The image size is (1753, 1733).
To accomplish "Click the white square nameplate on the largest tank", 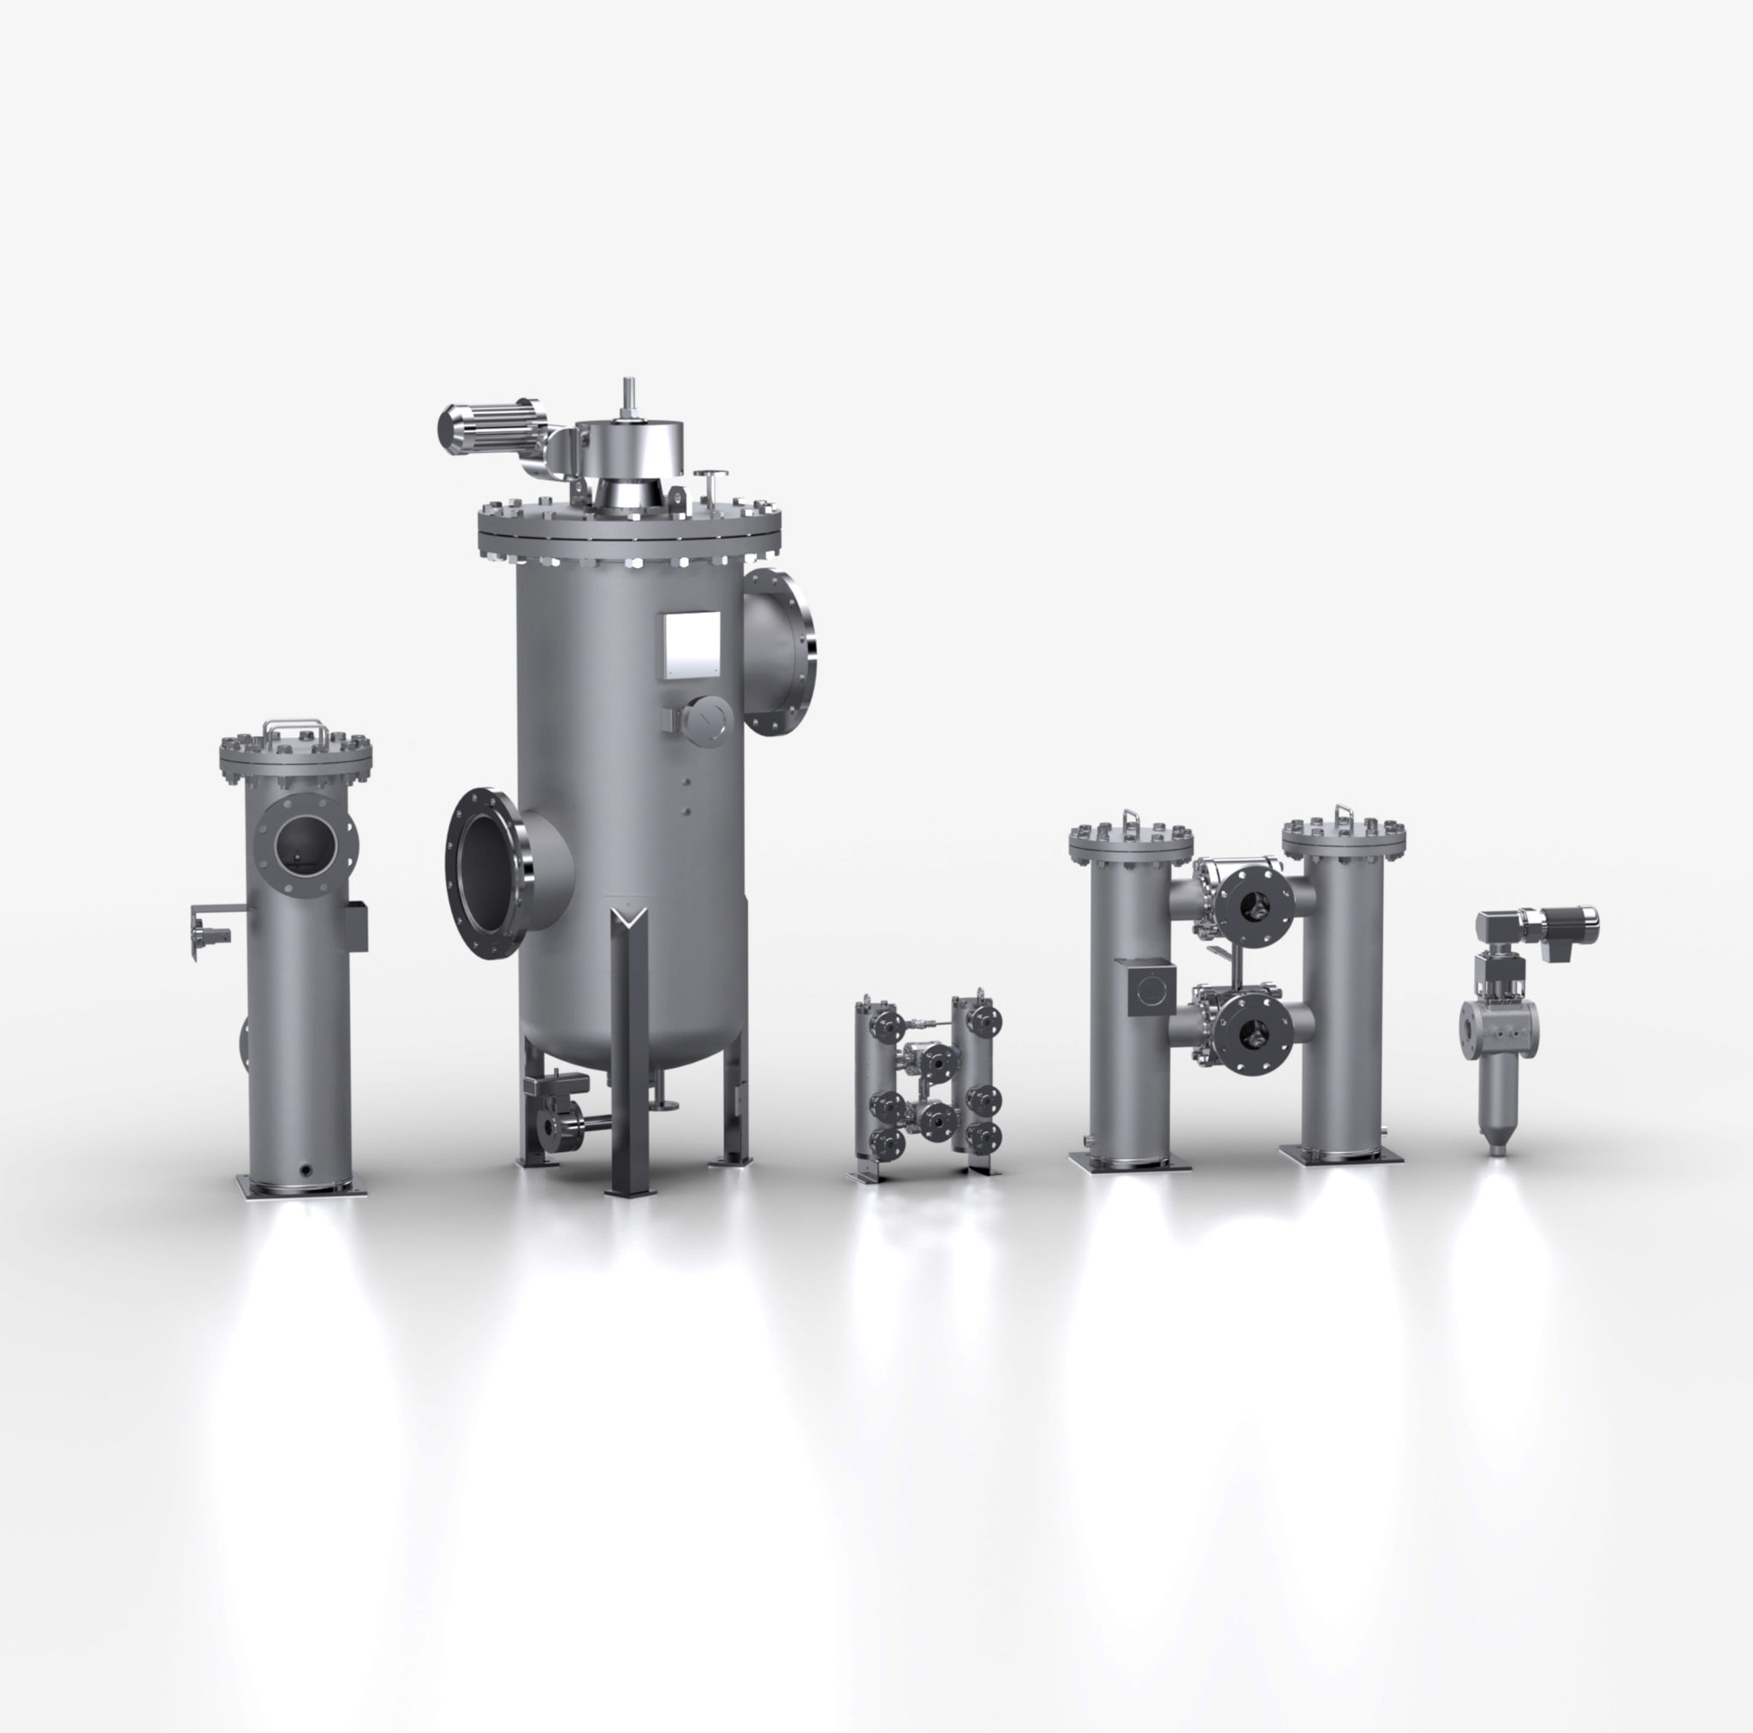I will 692,645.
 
